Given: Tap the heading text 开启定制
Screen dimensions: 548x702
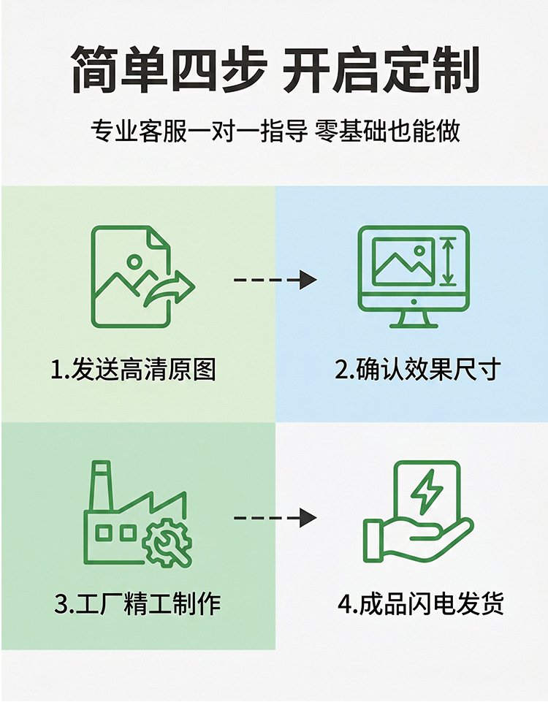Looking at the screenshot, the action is [x=381, y=69].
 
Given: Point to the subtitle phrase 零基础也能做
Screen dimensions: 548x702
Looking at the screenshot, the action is [x=388, y=131].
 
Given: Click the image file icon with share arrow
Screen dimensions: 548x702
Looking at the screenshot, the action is [x=142, y=276].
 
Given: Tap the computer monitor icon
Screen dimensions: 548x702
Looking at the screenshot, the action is [x=414, y=276].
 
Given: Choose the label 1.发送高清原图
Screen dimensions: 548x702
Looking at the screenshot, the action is [x=134, y=370].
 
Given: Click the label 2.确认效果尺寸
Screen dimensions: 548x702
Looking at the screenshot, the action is [x=417, y=370].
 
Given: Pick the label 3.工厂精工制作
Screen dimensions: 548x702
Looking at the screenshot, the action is [x=137, y=603].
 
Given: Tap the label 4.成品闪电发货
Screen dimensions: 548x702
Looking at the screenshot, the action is [x=421, y=603].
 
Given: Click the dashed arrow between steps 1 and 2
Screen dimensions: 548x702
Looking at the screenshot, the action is [x=275, y=280].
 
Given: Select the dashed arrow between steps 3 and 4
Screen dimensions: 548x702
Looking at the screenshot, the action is [x=275, y=518].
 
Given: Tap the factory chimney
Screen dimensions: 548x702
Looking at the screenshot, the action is [x=101, y=486].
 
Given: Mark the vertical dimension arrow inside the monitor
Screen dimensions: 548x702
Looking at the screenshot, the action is [x=448, y=262].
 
